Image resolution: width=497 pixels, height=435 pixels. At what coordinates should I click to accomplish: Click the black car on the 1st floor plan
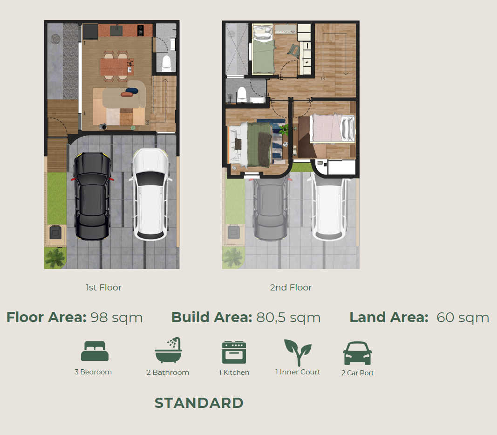point(92,196)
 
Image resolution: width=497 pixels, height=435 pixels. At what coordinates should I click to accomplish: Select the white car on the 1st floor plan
point(150,194)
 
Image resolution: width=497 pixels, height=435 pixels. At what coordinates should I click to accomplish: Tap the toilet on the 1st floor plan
point(167,63)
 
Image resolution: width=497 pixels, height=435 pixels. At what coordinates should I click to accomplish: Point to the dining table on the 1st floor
point(116,67)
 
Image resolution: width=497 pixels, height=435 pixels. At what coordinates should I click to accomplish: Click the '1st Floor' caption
point(104,288)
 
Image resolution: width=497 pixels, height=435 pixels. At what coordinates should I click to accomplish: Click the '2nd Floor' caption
point(291,288)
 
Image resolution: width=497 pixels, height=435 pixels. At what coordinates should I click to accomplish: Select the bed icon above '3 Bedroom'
point(95,351)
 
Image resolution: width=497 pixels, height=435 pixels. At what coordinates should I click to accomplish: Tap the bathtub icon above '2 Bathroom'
point(168,350)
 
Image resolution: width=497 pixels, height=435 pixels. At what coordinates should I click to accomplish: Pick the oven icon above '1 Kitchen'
point(234,352)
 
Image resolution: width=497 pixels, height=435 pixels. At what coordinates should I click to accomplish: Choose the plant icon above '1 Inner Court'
point(298,352)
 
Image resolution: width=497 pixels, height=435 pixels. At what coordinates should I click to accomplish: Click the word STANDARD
point(199,403)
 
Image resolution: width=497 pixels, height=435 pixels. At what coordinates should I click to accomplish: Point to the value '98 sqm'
point(116,318)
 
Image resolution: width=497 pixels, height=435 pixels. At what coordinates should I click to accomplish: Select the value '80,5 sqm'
point(288,318)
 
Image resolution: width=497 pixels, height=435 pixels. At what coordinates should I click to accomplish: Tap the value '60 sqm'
point(463,318)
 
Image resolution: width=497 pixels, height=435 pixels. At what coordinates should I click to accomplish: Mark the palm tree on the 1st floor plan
point(55,258)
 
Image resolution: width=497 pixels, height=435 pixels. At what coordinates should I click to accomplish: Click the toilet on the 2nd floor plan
point(242,94)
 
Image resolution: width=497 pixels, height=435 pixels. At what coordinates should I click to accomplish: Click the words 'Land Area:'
point(388,318)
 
